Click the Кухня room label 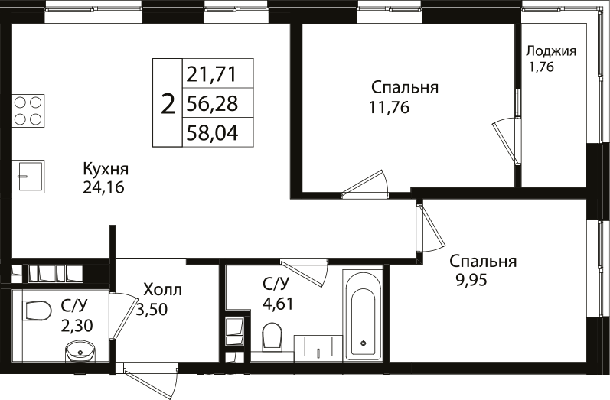[105, 169]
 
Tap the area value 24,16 [103, 187]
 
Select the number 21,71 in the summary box [209, 75]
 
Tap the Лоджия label [550, 51]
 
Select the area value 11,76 [389, 107]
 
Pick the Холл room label [163, 291]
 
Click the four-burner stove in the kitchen [27, 109]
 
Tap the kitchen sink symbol [28, 177]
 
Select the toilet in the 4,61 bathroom [271, 336]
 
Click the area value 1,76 [542, 67]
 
